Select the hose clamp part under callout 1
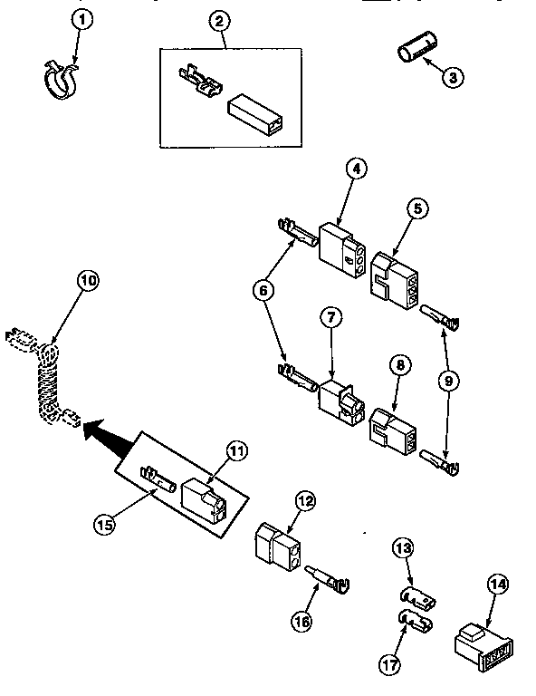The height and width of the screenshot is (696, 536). point(59,79)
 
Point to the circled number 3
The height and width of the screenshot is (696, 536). point(455,77)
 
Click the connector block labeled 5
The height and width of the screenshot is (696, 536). point(395,276)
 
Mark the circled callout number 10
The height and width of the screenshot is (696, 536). point(88,281)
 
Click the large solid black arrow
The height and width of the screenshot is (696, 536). point(102,425)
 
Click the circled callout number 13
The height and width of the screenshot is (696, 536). point(403,548)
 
